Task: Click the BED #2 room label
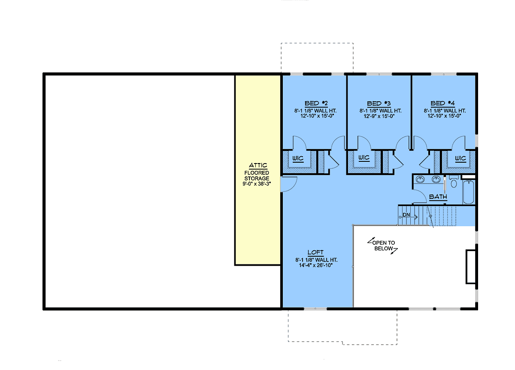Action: click(316, 103)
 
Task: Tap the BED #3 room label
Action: click(379, 104)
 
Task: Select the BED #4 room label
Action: click(442, 103)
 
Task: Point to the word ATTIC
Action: click(258, 165)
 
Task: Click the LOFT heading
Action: click(315, 252)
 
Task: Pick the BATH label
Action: click(438, 197)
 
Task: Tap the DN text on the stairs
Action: click(406, 215)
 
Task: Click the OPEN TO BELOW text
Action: click(384, 246)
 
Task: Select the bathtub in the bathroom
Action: click(468, 192)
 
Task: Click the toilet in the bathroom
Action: click(454, 182)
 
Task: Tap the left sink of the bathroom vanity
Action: click(420, 179)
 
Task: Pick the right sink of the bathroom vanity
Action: click(436, 179)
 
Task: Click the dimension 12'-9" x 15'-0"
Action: click(379, 116)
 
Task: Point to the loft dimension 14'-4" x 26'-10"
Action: click(316, 265)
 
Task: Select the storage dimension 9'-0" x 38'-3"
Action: click(257, 184)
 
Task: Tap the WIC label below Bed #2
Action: click(298, 158)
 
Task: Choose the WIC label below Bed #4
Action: click(460, 158)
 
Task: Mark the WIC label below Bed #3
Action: click(364, 158)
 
